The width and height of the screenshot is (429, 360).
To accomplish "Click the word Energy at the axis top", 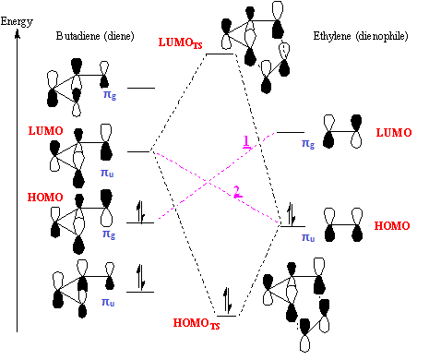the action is coord(17,22).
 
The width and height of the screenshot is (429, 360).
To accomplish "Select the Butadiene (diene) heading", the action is coord(95,36).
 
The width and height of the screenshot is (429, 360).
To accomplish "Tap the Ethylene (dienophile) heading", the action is coord(361,36).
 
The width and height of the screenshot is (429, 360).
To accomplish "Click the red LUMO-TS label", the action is coord(180,42).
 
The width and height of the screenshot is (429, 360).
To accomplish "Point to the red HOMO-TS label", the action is coord(197,323).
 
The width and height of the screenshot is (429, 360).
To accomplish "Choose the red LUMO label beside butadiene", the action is coord(45,131).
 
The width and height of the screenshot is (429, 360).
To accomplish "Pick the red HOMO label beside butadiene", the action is coord(45,197).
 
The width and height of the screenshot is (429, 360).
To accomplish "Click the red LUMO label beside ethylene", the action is coord(394,133).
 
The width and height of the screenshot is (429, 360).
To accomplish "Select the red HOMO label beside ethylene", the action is coord(392,225).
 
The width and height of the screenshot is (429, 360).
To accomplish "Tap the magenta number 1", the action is coord(246,141).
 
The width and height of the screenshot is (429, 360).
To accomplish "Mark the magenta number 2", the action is coord(237,192).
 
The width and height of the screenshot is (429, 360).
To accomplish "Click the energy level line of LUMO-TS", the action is coord(220,54).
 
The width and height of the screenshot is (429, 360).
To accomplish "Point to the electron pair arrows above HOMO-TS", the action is coord(228,300).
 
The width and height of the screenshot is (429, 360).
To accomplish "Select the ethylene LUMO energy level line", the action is coord(291,132).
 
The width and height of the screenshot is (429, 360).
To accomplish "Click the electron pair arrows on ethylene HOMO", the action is coord(292,214).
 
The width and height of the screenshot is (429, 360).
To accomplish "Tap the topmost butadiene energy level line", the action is coord(141,88).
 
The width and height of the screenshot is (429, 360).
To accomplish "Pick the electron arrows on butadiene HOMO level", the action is coord(140,211).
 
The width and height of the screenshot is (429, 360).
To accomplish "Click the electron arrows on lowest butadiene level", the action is coord(140,277).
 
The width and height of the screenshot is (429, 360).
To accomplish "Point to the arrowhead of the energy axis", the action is coord(18,34).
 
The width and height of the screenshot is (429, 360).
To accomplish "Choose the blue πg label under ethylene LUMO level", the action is coord(308,144).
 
